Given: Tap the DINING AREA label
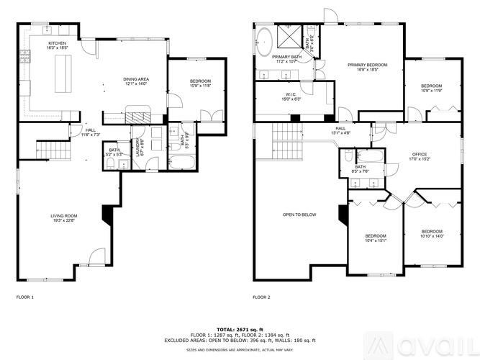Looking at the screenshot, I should [135, 81].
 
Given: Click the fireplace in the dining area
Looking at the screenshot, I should [136, 115].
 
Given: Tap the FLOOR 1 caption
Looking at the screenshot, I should [25, 297].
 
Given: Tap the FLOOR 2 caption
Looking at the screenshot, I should [261, 297].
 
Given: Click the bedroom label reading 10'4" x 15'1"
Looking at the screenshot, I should [375, 241].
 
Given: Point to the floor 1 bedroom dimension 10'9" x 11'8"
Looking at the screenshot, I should [200, 86].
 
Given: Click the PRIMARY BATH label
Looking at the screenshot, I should [286, 58].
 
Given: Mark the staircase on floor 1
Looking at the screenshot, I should [51, 150].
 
